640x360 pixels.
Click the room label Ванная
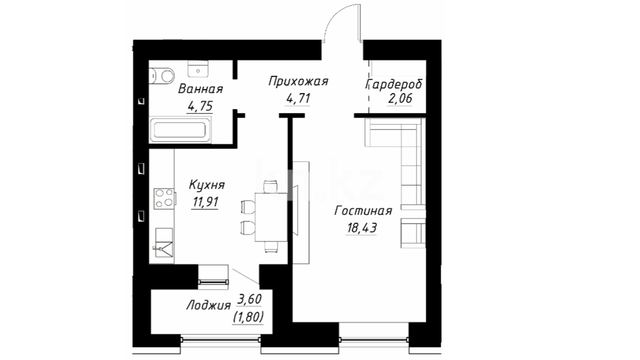click(x=200, y=89)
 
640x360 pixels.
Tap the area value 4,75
click(x=200, y=106)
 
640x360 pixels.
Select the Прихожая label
click(x=298, y=81)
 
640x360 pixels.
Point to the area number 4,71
click(x=298, y=98)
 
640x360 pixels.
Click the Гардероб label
click(x=394, y=84)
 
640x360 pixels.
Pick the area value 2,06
click(x=400, y=98)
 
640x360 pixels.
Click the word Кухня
click(x=207, y=185)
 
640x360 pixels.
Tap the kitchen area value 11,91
click(x=205, y=202)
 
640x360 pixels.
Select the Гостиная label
click(x=363, y=211)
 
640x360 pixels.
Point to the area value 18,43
click(x=362, y=228)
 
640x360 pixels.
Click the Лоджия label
click(x=208, y=305)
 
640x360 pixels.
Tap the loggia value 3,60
click(x=249, y=299)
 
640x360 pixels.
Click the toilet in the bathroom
click(x=162, y=76)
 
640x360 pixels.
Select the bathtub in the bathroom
click(x=180, y=130)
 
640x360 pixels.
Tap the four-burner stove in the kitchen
click(x=164, y=199)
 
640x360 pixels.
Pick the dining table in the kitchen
click(x=271, y=217)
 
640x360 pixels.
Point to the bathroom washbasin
click(x=198, y=69)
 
